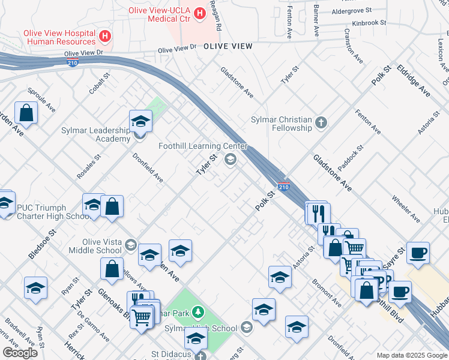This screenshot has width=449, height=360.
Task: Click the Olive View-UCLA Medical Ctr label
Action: [x=166, y=14]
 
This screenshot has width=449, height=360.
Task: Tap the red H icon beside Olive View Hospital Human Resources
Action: [x=105, y=37]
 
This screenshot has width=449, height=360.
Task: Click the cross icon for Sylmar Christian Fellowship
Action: [x=321, y=123]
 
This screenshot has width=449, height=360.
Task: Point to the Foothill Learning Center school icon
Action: [x=229, y=160]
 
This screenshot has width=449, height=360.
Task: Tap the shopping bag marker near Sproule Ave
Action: [x=26, y=112]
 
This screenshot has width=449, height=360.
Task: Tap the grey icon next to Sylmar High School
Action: [x=246, y=328]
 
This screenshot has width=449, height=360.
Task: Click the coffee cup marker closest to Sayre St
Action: [x=418, y=252]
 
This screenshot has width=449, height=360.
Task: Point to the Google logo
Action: [x=20, y=353]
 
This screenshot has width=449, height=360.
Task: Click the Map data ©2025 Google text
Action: [x=411, y=355]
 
